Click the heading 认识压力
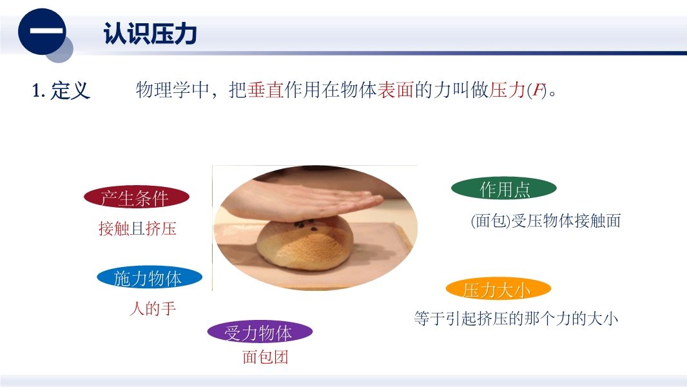click(150, 34)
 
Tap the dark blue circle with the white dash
click(42, 32)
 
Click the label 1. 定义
click(61, 91)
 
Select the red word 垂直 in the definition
click(266, 90)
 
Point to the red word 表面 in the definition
click(396, 90)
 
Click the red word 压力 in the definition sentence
click(507, 90)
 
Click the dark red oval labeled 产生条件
click(136, 197)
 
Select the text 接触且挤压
click(137, 228)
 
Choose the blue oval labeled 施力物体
click(150, 278)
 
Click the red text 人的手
click(153, 308)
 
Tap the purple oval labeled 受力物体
click(260, 332)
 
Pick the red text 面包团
click(265, 357)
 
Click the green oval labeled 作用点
click(504, 189)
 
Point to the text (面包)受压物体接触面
click(545, 221)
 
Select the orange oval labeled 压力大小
click(498, 289)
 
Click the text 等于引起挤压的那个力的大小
click(516, 319)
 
